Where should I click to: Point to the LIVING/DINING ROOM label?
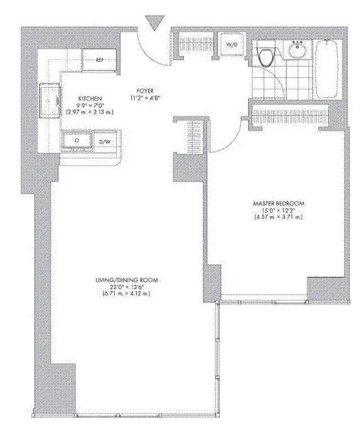[x=128, y=281]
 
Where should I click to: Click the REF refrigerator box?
[x=100, y=59]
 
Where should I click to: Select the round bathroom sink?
[x=297, y=51]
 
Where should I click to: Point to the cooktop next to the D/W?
[x=77, y=141]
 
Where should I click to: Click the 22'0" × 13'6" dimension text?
[x=128, y=289]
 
